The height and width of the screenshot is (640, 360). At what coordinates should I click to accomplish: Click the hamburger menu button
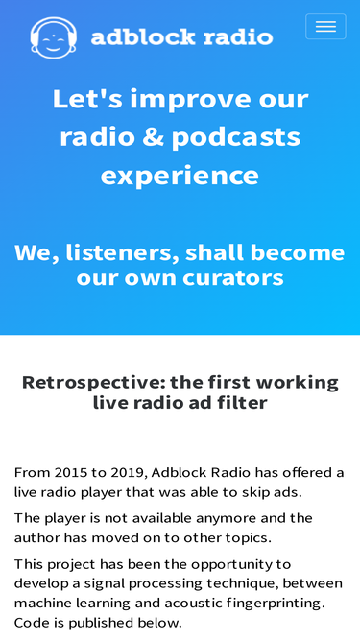(325, 27)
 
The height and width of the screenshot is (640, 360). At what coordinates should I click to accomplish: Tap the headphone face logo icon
(54, 37)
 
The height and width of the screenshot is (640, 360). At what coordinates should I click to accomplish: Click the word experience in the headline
(180, 177)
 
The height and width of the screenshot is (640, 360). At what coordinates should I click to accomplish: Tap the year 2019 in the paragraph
(129, 472)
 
